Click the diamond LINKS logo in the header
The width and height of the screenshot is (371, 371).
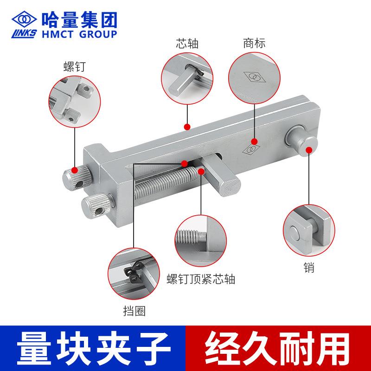pyautogui.click(x=24, y=24)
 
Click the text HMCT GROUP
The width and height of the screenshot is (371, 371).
pyautogui.click(x=79, y=34)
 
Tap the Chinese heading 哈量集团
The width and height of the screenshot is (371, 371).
pyautogui.click(x=79, y=20)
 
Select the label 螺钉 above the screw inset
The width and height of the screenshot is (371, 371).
pyautogui.click(x=75, y=67)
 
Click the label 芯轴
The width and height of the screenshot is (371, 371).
pyautogui.click(x=187, y=44)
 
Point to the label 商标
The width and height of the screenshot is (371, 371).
pyautogui.click(x=254, y=43)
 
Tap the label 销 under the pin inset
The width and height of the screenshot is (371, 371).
pyautogui.click(x=309, y=268)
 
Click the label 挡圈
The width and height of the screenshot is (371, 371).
pyautogui.click(x=134, y=311)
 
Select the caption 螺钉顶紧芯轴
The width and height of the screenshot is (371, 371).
pyautogui.click(x=201, y=279)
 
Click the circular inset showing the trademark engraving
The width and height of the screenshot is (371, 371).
pyautogui.click(x=254, y=78)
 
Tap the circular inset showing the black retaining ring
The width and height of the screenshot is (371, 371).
pyautogui.click(x=134, y=274)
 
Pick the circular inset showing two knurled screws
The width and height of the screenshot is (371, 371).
pyautogui.click(x=75, y=102)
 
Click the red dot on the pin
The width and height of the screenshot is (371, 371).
pyautogui.click(x=309, y=150)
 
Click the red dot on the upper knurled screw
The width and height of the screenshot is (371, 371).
pyautogui.click(x=75, y=170)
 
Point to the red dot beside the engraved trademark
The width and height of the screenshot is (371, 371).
pyautogui.click(x=254, y=141)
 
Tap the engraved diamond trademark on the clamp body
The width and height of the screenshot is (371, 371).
pyautogui.click(x=251, y=149)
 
